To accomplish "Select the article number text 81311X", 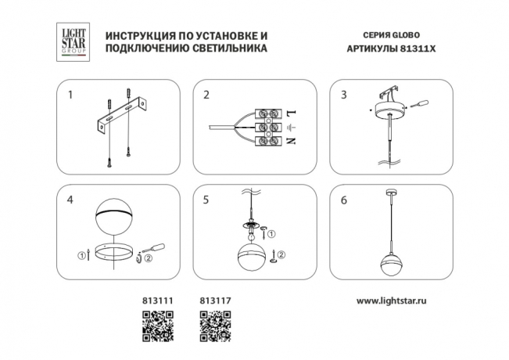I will click(x=416, y=49).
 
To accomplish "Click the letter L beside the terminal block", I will click(x=291, y=113).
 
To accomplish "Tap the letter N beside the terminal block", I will click(x=291, y=141).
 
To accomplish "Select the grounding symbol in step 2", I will click(x=291, y=127).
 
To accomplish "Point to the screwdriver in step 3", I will click(x=423, y=103).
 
